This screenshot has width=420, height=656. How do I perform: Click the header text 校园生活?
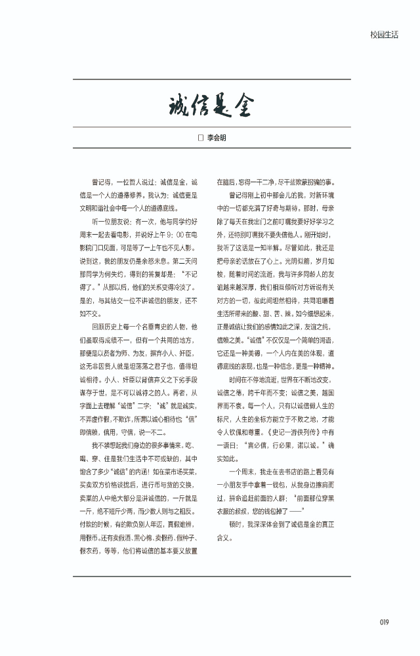384,34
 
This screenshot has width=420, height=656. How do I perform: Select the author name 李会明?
216,138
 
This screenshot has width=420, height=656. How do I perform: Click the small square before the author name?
201,138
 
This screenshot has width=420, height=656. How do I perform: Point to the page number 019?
385,623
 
